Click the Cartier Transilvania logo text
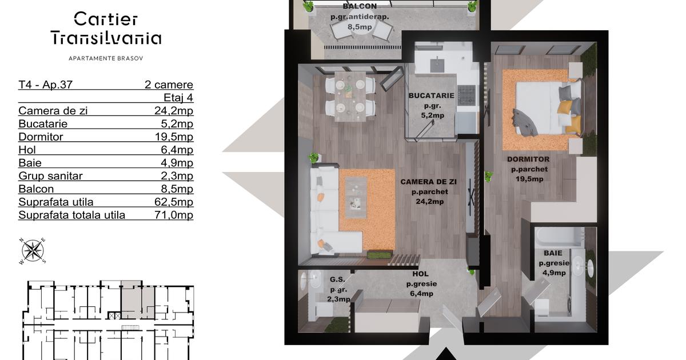(106, 28)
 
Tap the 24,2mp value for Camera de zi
(174, 110)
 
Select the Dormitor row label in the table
(41, 137)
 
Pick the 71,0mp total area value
(174, 215)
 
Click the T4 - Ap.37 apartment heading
(45, 85)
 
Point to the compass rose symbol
(33, 251)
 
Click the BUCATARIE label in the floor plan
(431, 95)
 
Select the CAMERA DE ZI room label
(428, 182)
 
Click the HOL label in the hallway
(421, 274)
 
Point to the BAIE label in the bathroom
(553, 253)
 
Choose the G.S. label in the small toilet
(337, 279)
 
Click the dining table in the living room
(350, 96)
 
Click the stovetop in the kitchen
(466, 95)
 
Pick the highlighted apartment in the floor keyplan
(137, 299)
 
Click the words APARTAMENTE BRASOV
(106, 58)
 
